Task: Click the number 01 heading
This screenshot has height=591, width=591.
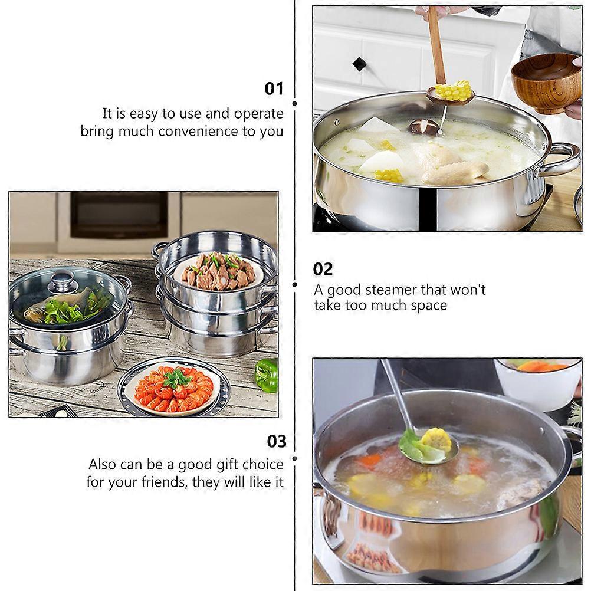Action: click(274, 88)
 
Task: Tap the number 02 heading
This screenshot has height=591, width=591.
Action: click(323, 269)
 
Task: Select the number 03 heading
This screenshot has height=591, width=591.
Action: click(277, 441)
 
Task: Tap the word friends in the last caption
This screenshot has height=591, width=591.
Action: click(165, 482)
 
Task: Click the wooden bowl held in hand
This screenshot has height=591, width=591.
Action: click(546, 83)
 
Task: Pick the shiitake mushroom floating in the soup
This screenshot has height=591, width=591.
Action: click(423, 127)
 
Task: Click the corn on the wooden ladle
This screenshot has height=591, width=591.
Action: click(452, 90)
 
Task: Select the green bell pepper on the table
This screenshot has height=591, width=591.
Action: click(267, 375)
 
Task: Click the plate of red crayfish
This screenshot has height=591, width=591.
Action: click(173, 389)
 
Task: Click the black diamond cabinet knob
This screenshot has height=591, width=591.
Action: click(359, 64)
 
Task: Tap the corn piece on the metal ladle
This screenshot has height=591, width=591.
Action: click(436, 441)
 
